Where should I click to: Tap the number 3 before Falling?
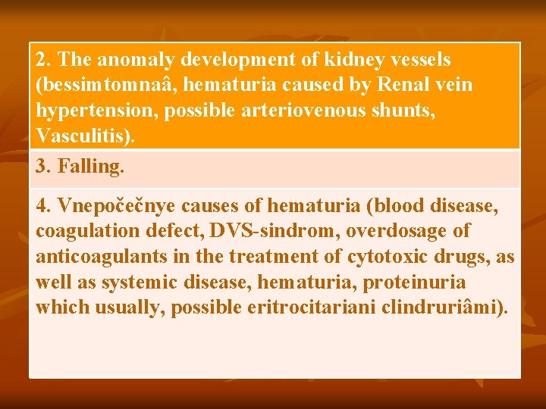(x=41, y=166)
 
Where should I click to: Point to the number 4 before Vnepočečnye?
(x=41, y=204)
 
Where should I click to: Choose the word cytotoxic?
(x=384, y=256)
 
